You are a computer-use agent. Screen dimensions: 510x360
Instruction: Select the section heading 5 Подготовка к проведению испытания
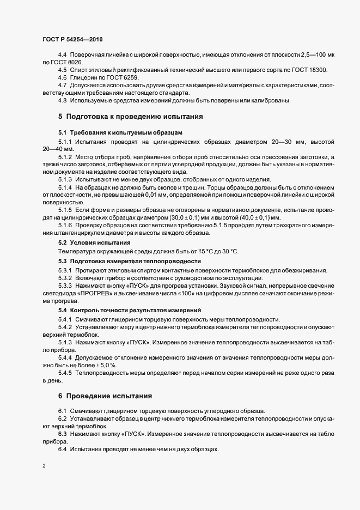pyautogui.click(x=131, y=116)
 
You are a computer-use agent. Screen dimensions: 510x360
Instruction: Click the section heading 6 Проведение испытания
pyautogui.click(x=106, y=395)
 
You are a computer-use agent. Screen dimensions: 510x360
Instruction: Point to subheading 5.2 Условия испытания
pyautogui.click(x=94, y=242)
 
